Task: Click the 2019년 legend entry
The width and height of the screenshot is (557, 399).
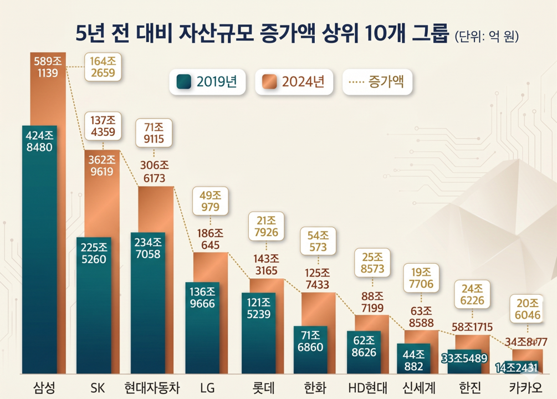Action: point(207,82)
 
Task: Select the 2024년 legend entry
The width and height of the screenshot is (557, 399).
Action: point(294,82)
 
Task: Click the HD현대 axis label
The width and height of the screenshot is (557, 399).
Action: point(368,386)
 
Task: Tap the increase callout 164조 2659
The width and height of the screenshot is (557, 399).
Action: point(103,67)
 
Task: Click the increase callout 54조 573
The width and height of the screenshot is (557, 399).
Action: point(318,241)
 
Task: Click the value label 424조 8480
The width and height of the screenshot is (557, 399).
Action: point(39,141)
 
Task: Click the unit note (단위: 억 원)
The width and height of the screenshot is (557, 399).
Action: point(486,36)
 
